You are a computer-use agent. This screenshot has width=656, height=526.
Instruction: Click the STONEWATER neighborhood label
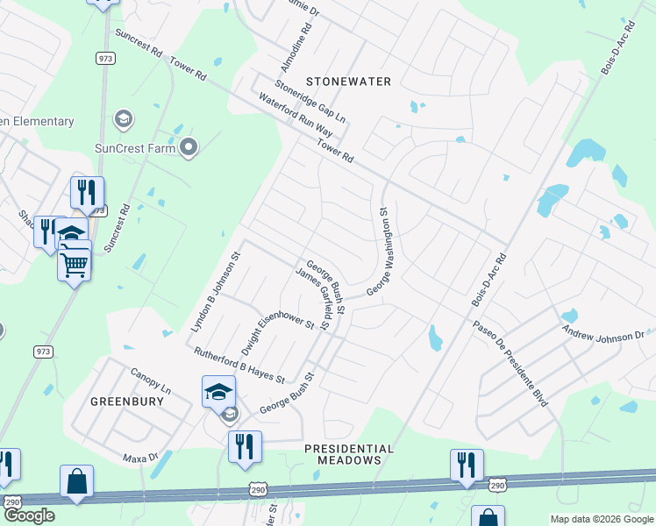pos(347,81)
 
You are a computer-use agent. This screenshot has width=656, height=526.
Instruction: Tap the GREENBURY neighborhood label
pos(127,402)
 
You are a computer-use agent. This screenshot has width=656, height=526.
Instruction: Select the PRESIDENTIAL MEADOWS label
pos(349,454)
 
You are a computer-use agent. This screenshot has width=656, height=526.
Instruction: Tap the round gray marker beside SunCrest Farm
pos(188,147)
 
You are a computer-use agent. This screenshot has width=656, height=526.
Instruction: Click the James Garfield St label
pos(313,299)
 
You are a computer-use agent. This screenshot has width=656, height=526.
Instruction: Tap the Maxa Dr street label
pos(140,457)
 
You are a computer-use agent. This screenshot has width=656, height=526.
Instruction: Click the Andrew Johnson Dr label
pos(603,334)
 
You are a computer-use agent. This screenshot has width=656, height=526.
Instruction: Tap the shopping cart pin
pos(75,261)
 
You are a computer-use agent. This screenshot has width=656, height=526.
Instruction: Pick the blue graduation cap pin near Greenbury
pos(218,390)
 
